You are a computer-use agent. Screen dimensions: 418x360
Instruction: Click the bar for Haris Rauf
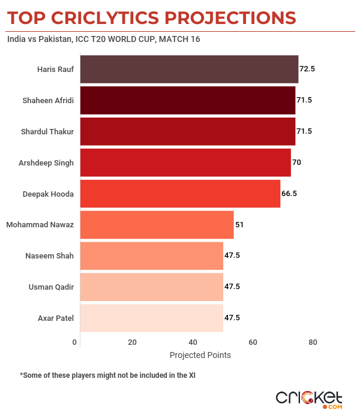coord(189,69)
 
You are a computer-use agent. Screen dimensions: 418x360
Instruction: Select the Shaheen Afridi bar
coord(187,100)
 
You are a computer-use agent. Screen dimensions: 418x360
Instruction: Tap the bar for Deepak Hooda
coord(180,194)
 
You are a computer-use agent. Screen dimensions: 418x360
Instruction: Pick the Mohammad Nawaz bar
coord(157,225)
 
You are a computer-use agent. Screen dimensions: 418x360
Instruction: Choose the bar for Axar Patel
coord(151,318)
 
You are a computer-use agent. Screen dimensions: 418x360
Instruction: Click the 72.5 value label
coord(307,69)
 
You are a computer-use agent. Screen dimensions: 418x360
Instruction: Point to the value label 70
coord(298,163)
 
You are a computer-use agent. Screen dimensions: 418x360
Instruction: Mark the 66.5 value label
coord(289,194)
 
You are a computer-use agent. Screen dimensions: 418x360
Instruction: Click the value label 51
coord(239,225)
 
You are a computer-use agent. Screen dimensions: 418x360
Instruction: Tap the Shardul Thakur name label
coord(47,131)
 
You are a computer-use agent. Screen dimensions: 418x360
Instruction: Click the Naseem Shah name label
coord(50,256)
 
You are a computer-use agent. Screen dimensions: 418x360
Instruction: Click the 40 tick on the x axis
coord(193,342)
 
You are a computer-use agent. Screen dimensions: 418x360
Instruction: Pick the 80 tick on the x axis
coord(313,342)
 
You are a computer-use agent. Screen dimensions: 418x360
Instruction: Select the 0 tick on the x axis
coord(75,342)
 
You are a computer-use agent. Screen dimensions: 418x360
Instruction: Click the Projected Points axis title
coord(200,355)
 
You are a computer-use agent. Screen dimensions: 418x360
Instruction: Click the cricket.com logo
coord(309,399)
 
